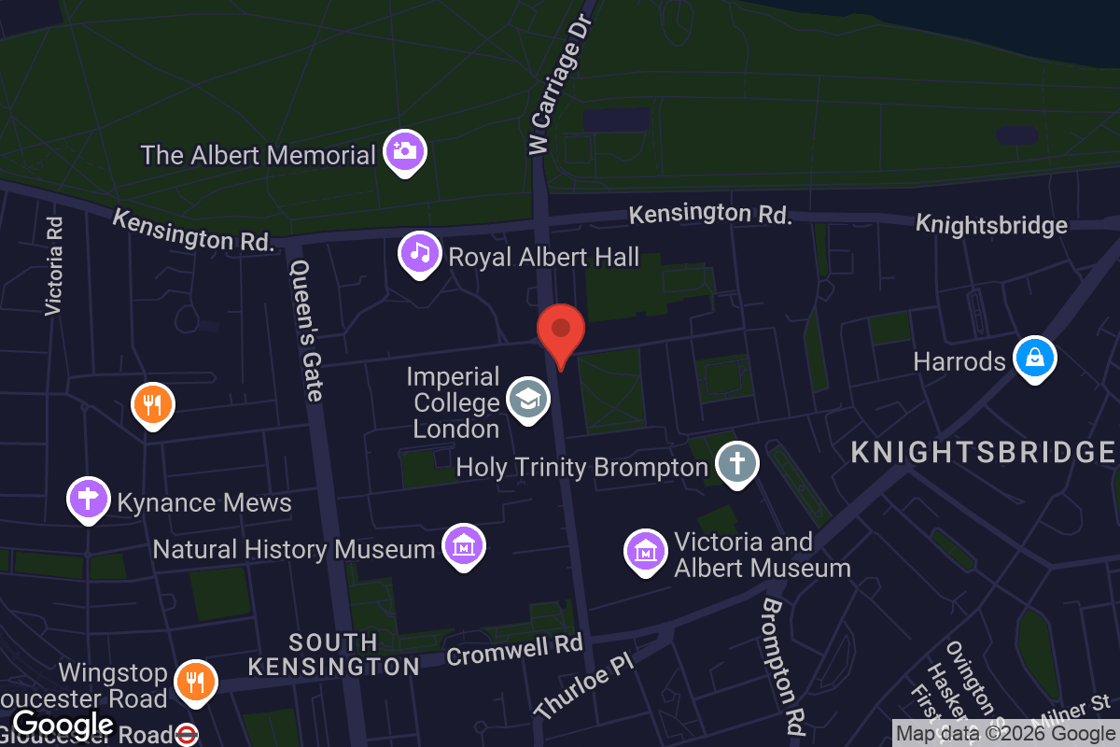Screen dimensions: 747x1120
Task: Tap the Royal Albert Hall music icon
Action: (420, 252)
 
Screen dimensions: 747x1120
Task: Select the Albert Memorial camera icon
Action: (405, 150)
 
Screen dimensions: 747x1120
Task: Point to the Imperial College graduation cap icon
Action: (528, 400)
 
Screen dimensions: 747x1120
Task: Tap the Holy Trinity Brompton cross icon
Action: (737, 462)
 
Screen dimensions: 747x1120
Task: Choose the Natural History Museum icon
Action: (463, 545)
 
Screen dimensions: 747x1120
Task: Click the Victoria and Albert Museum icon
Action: (645, 551)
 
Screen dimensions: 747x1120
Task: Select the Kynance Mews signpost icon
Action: (89, 499)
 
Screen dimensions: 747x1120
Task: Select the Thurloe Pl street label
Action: (584, 687)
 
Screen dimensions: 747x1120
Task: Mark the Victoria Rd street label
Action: (55, 265)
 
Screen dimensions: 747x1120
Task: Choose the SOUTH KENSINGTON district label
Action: (333, 655)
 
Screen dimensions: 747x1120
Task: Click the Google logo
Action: (63, 724)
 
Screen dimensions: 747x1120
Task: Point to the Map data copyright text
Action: (1005, 734)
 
